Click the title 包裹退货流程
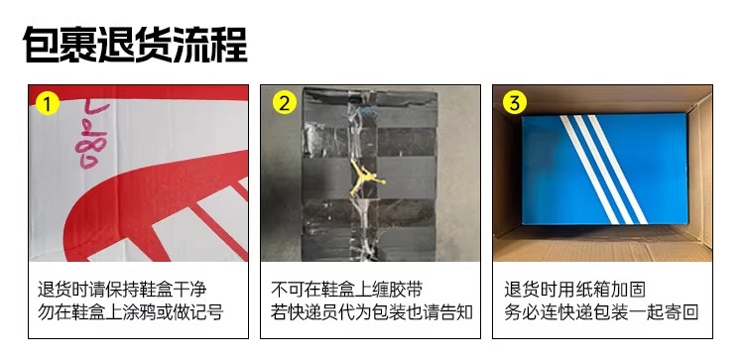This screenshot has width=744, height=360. [x=135, y=45]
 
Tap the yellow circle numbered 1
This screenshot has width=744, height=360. [x=48, y=103]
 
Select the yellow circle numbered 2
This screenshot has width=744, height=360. [x=285, y=103]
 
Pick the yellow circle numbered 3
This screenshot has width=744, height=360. [x=515, y=103]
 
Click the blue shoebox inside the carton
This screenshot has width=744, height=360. [x=605, y=169]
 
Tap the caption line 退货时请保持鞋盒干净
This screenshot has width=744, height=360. [x=122, y=289]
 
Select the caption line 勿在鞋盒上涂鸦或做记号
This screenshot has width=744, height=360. [x=131, y=312]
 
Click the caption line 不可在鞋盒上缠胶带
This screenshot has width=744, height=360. [x=347, y=289]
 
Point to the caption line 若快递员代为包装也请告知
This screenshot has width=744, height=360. [x=372, y=312]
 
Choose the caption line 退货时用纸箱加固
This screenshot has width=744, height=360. [x=575, y=289]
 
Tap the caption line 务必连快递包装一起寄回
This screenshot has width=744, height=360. [x=601, y=312]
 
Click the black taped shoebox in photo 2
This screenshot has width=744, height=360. [x=370, y=175]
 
